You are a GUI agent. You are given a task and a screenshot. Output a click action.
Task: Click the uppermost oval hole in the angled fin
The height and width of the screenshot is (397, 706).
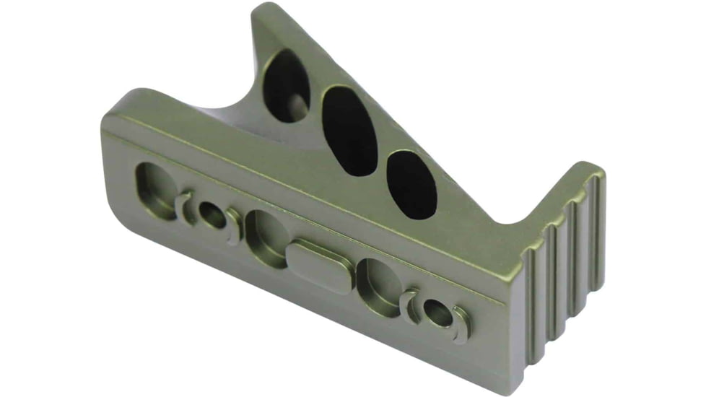(287, 84)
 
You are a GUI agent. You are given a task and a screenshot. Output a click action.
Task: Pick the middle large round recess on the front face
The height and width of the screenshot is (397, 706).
(267, 238)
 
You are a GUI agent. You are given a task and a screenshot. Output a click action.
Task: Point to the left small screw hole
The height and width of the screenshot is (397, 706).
(212, 215)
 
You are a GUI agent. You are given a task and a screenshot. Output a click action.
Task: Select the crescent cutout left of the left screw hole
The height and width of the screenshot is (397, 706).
(183, 206)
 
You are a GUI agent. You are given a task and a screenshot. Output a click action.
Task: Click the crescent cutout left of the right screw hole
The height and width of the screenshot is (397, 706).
(411, 303)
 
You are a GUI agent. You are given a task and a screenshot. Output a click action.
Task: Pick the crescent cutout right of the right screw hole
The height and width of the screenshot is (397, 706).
(462, 323)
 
